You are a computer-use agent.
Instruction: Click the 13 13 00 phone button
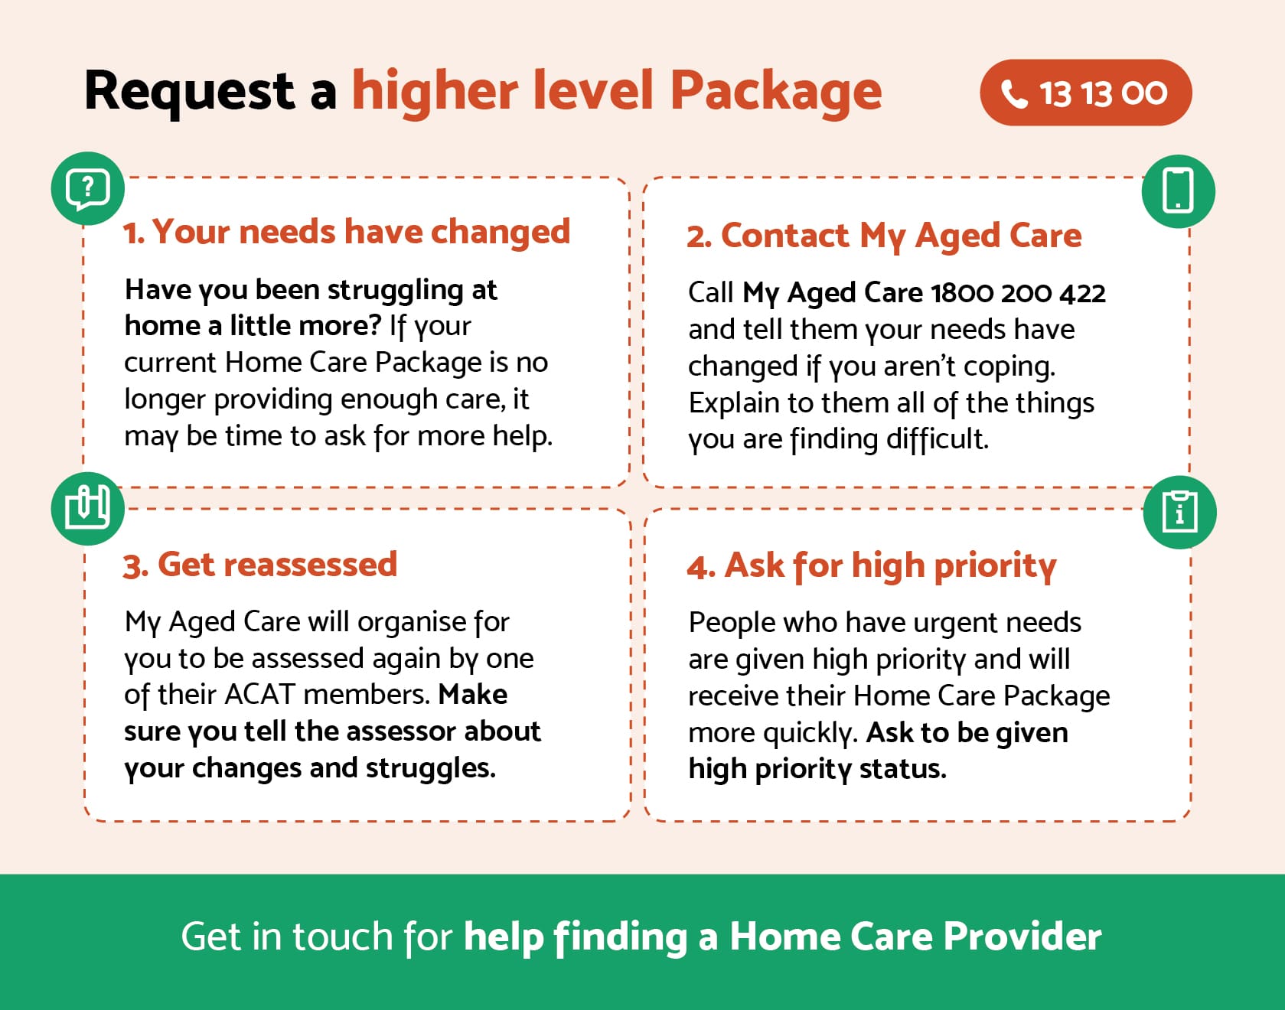pos(1085,93)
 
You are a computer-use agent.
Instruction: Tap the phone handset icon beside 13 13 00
pos(1014,94)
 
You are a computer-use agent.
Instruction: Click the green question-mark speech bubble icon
pos(88,188)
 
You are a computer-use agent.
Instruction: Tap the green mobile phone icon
pos(1178,191)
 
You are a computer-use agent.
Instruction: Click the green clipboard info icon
pos(1179,512)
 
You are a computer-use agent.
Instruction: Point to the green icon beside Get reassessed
pos(88,508)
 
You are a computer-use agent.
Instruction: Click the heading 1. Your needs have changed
pos(347,232)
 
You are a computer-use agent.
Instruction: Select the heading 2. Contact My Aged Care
pos(884,236)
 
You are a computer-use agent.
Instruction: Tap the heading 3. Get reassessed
pos(260,565)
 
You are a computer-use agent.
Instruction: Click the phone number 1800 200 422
pos(1018,293)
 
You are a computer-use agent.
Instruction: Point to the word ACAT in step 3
pos(259,695)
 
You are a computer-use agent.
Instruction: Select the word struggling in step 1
pos(396,291)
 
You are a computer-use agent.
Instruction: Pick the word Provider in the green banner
pos(1022,937)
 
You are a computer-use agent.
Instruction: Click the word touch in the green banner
pos(342,937)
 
